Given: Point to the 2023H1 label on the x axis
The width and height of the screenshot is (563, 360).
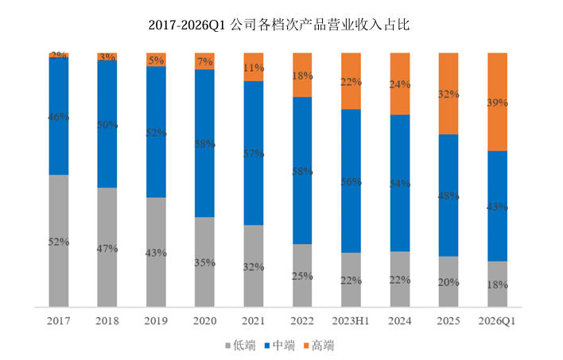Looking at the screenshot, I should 351,320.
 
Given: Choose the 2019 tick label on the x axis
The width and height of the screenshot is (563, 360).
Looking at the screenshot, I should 156,320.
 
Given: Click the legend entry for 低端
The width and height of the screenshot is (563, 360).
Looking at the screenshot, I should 242,346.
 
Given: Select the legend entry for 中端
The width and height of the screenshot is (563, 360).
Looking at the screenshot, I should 286,346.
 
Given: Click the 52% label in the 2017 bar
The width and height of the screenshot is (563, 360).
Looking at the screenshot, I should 58,242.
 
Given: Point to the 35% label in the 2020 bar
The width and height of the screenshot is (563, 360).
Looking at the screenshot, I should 204,262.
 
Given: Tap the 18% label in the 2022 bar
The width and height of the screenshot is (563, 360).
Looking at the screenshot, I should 302,75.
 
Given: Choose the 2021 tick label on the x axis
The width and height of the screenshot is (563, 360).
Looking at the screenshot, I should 254,320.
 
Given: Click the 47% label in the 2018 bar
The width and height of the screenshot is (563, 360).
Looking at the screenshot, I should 107,248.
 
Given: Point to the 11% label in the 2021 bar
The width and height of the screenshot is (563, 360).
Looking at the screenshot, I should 254,68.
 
